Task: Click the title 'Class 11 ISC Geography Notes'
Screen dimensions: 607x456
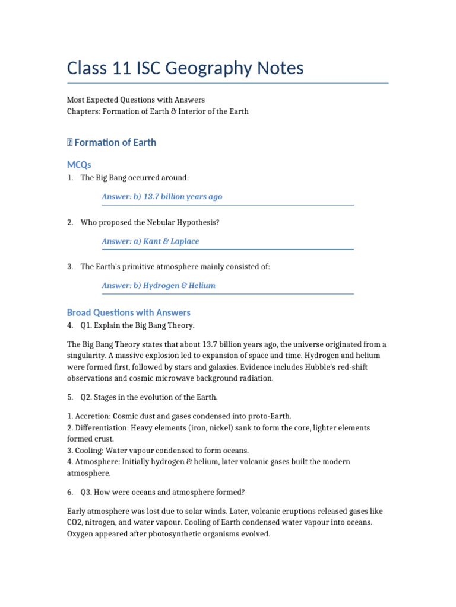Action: coord(185,68)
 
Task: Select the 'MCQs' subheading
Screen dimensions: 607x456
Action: coord(79,164)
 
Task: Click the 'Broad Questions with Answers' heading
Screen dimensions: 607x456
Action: coord(129,312)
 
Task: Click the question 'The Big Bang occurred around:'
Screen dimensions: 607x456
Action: coord(135,178)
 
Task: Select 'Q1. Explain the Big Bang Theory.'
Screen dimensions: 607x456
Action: coord(137,325)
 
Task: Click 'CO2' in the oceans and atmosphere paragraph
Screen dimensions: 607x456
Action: coord(75,522)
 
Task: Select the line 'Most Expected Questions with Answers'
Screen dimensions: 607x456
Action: coord(136,100)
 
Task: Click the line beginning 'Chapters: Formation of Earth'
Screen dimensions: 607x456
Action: coord(158,111)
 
